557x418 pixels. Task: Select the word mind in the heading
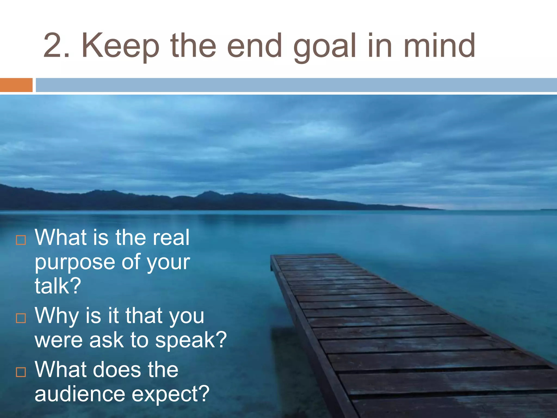coord(439,46)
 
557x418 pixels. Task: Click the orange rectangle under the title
coord(16,85)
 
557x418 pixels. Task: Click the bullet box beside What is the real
coord(21,240)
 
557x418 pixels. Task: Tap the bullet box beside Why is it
coord(21,318)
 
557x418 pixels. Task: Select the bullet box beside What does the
coord(21,372)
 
